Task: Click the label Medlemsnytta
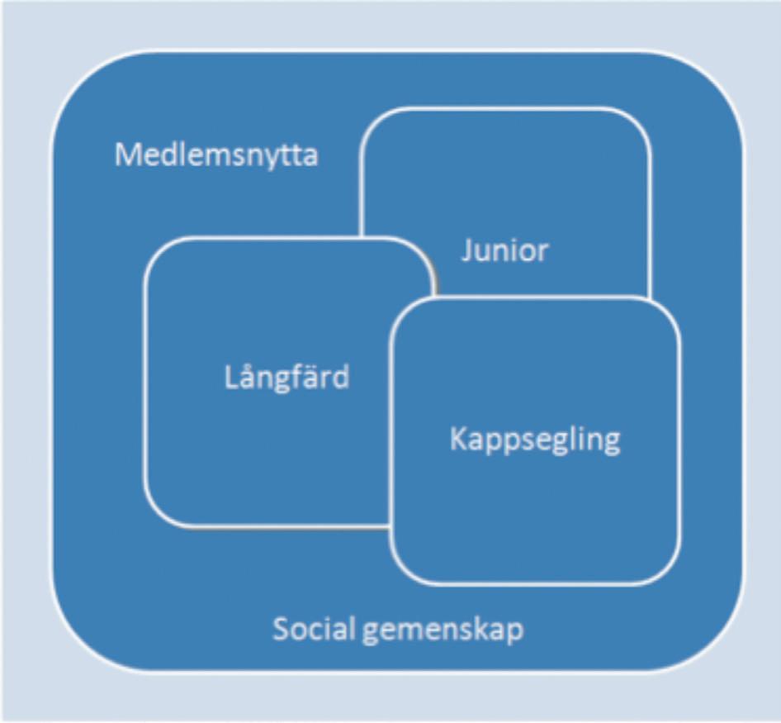point(216,155)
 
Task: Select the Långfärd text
point(286,377)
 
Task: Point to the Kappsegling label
point(534,439)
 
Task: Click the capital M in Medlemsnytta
point(125,155)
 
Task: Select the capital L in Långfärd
point(230,377)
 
